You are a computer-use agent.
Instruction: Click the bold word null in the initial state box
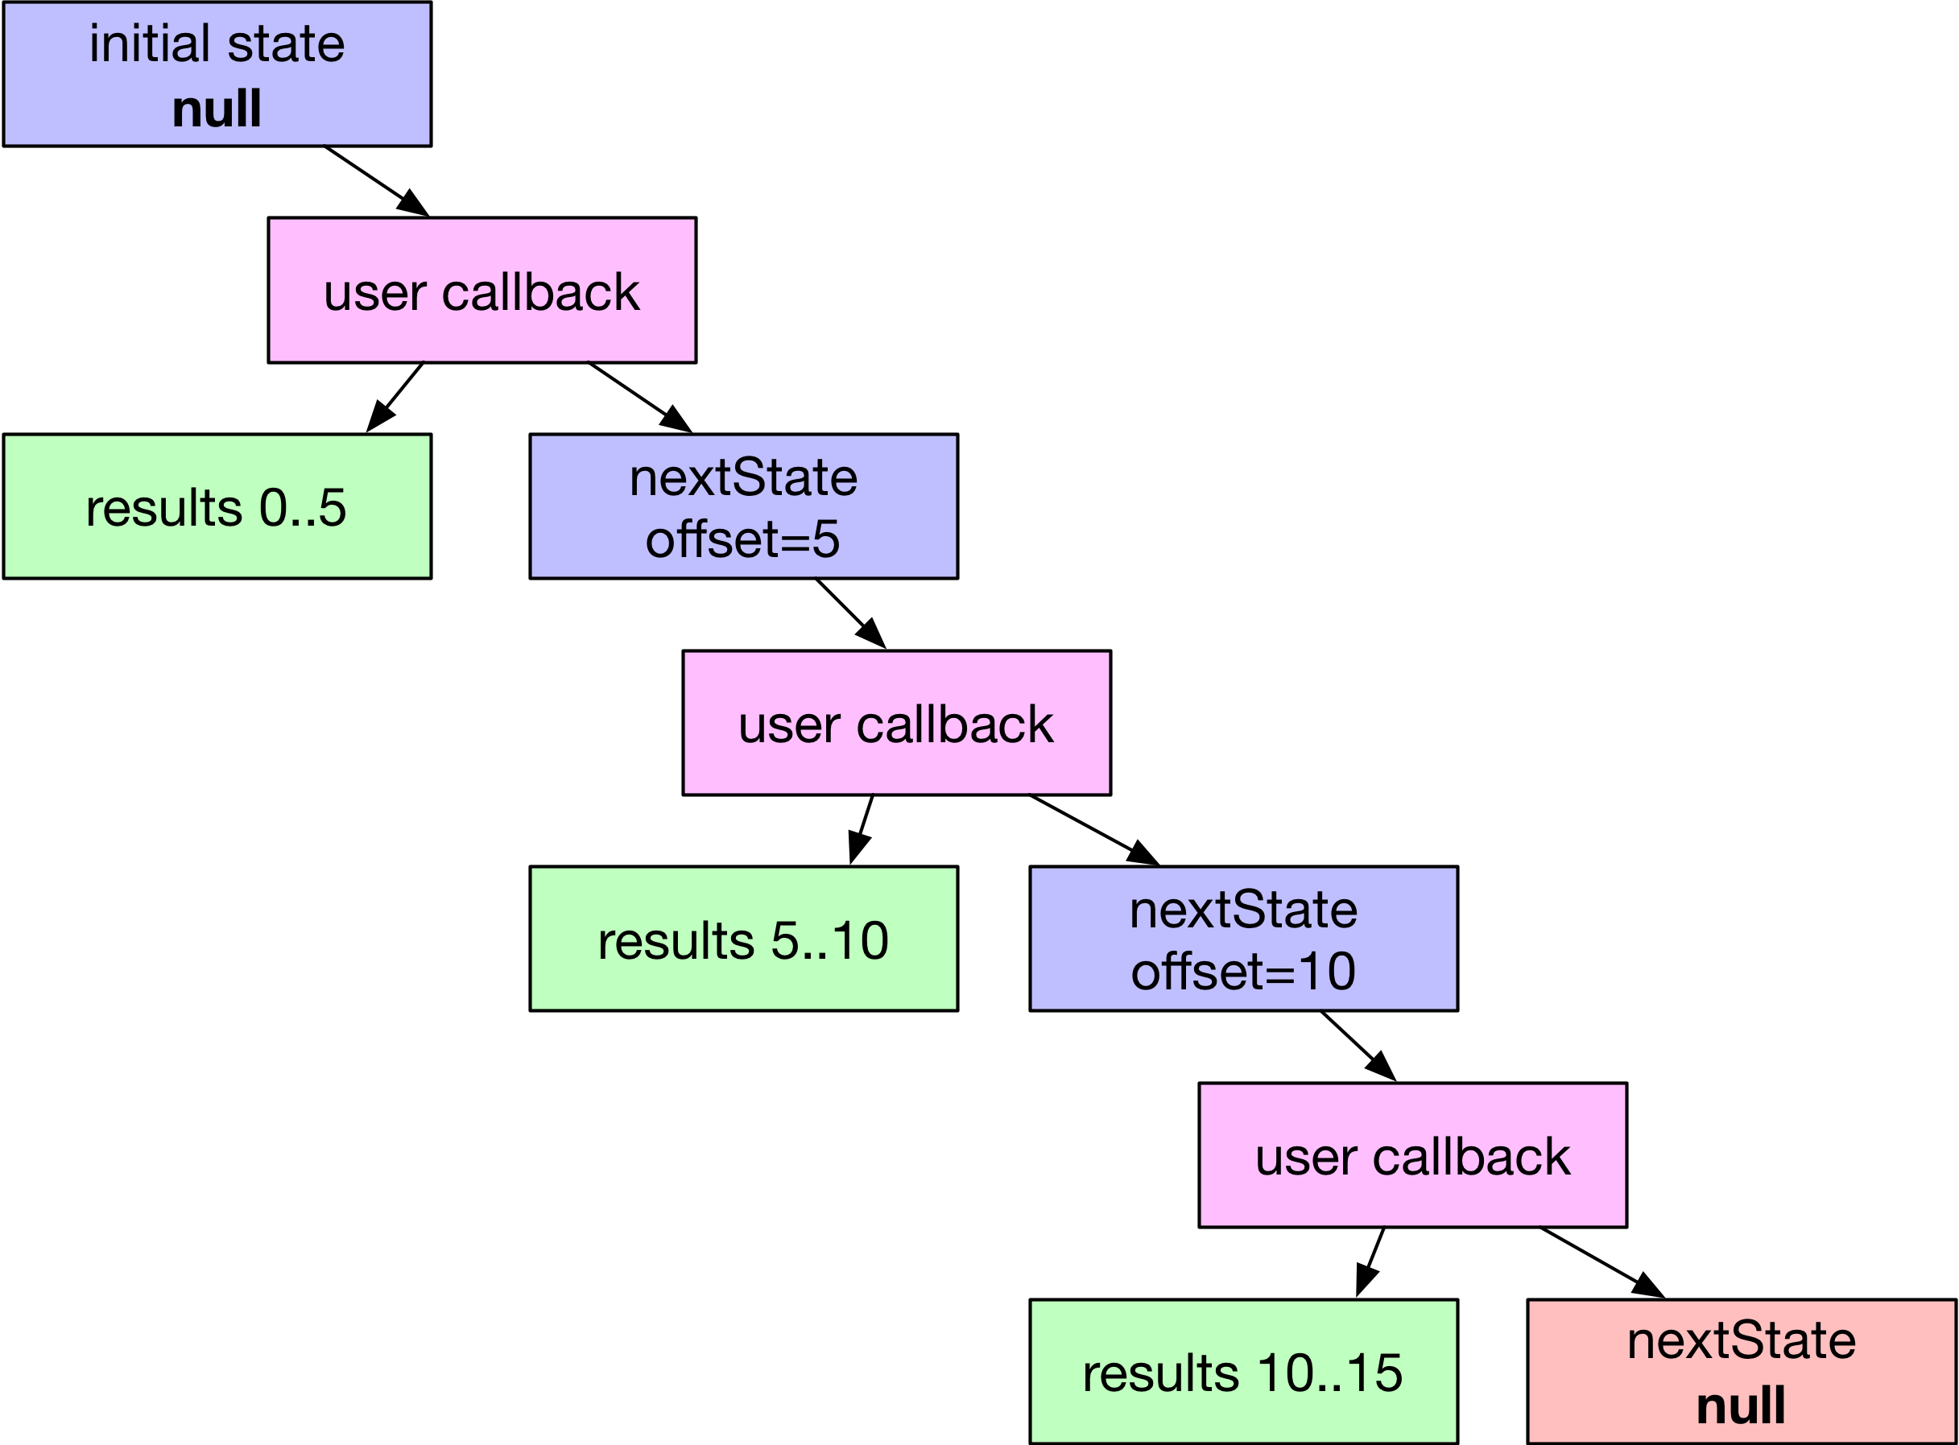[x=216, y=109]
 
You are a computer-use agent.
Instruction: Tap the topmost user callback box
[x=482, y=291]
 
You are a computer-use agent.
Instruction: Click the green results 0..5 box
[x=217, y=506]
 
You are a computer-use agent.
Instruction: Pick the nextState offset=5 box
[x=743, y=506]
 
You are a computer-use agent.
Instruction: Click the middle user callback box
[x=896, y=723]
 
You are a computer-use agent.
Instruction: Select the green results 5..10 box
[x=743, y=939]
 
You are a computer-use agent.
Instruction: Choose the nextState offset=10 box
[x=1242, y=939]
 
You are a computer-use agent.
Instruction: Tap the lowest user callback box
[x=1412, y=1154]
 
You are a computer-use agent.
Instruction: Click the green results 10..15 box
[x=1242, y=1372]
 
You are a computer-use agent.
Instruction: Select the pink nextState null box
[x=1741, y=1372]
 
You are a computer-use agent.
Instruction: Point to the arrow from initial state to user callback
[x=376, y=181]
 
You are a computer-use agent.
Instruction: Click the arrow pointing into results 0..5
[x=395, y=397]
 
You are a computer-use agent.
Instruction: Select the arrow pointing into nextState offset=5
[x=639, y=397]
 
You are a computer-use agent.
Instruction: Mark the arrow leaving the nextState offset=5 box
[x=850, y=613]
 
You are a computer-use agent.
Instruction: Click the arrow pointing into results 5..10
[x=862, y=829]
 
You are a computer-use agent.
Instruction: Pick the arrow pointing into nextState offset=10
[x=1093, y=830]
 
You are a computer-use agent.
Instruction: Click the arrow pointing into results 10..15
[x=1370, y=1262]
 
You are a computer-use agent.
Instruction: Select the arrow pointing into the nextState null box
[x=1602, y=1262]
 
